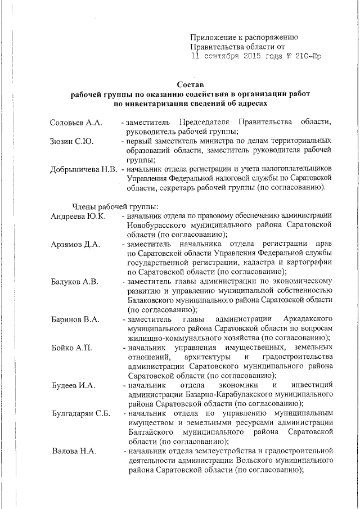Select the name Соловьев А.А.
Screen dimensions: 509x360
[x=75, y=123]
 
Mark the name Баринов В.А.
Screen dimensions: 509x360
[x=75, y=319]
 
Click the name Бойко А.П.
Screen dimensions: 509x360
[x=71, y=348]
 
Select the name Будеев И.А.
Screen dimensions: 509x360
[x=73, y=385]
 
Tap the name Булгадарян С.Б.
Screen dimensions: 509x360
[x=80, y=413]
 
